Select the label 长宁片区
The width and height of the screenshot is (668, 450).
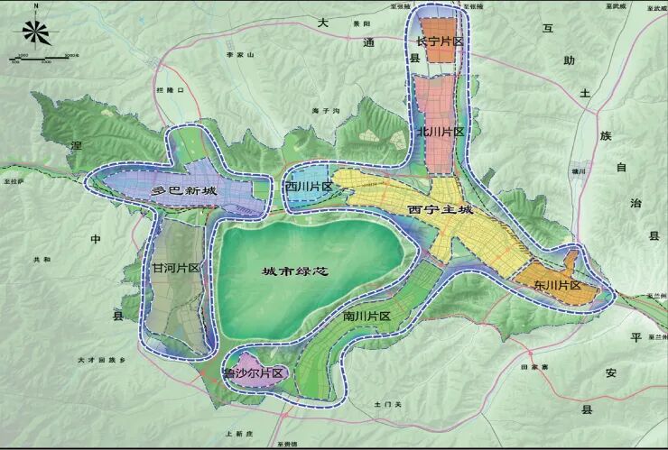click(x=440, y=41)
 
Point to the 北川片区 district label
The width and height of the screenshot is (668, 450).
click(x=440, y=132)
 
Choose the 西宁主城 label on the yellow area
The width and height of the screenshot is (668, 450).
click(x=440, y=210)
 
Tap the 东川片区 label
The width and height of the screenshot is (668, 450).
click(x=557, y=285)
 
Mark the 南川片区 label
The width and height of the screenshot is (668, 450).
click(x=366, y=317)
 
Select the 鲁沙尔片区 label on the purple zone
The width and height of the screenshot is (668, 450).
click(x=254, y=372)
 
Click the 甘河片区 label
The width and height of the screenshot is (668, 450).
click(x=175, y=268)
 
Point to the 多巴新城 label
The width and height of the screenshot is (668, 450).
click(x=183, y=191)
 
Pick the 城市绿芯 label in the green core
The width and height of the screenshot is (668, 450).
click(x=292, y=272)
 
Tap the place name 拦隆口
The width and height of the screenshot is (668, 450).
click(x=169, y=91)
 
